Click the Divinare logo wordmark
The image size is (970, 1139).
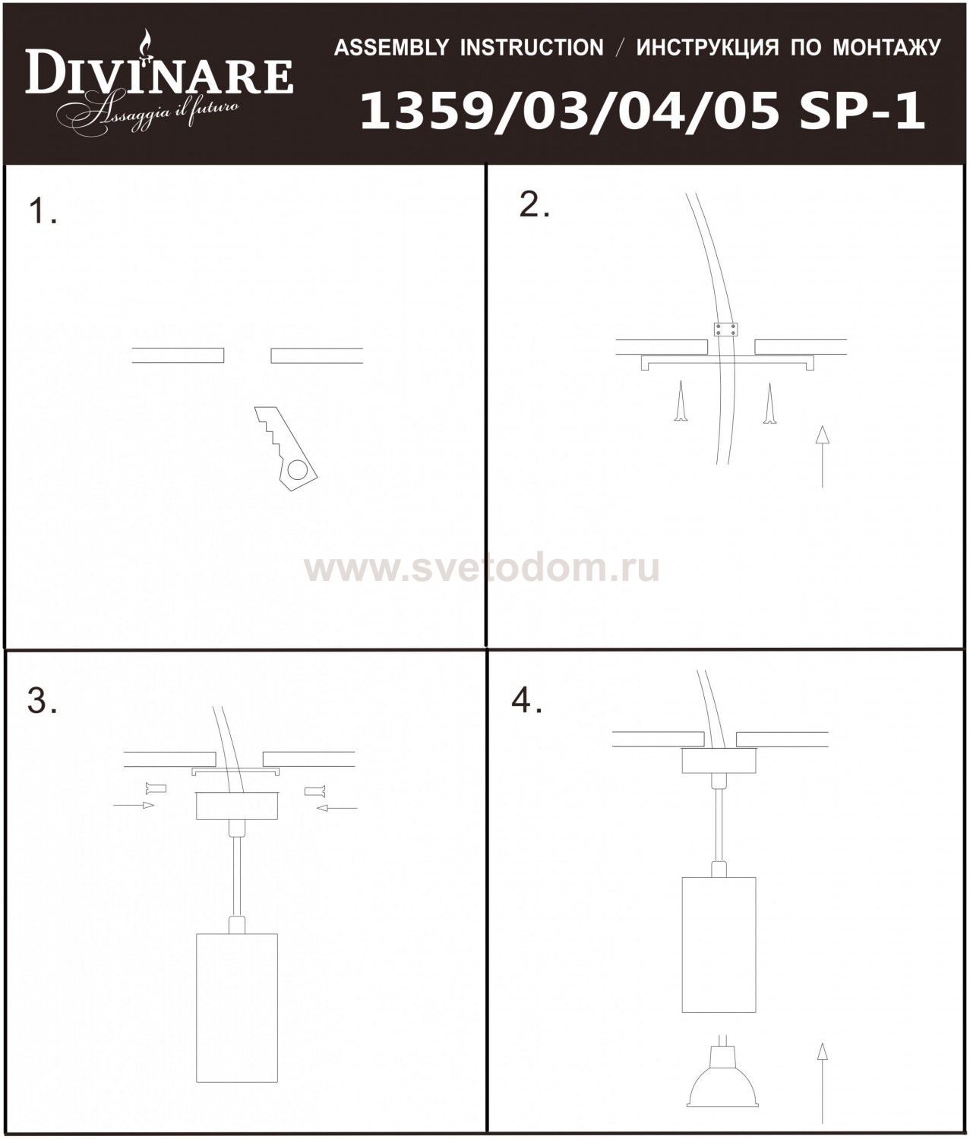point(160,77)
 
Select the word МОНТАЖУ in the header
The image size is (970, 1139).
point(886,49)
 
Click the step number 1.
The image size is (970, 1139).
point(43,212)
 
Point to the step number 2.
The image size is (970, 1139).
point(534,206)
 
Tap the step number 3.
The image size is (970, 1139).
point(42,702)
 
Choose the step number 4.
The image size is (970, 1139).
point(527,702)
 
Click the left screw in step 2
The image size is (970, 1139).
point(681,401)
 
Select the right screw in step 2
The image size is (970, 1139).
point(769,403)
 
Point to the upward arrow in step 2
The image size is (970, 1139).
point(823,456)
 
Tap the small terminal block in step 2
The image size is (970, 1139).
point(726,329)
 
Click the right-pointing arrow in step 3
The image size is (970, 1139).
point(134,805)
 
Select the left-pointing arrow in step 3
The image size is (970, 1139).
point(337,809)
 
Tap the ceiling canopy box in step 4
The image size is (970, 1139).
point(719,761)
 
